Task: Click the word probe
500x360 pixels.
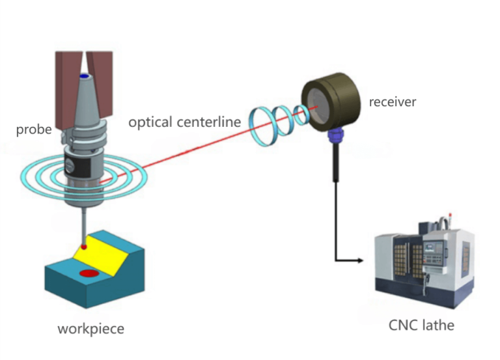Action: [33, 130]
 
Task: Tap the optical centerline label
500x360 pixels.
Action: [184, 122]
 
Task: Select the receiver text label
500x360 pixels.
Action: [392, 102]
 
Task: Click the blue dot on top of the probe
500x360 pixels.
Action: [84, 77]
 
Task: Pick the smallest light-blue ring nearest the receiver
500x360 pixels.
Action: [300, 116]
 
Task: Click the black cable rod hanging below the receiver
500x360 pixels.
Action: [335, 163]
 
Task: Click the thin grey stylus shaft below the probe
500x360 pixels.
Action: [83, 221]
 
